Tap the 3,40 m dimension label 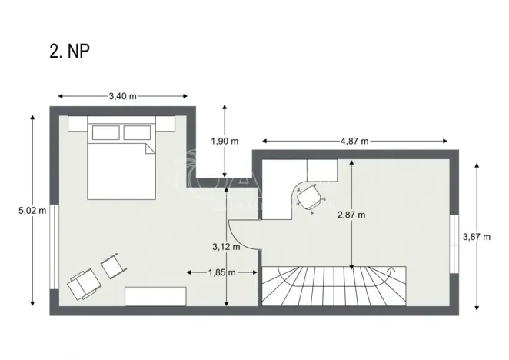122,96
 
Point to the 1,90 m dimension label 225,140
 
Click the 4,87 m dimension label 354,141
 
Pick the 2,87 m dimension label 351,215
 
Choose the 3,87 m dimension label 476,237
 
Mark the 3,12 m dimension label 226,247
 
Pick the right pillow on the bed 136,133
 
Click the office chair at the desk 309,198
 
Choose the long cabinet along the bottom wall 156,296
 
